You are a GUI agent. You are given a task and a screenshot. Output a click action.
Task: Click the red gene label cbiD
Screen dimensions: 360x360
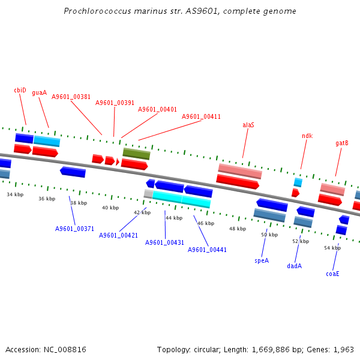[x=20, y=90]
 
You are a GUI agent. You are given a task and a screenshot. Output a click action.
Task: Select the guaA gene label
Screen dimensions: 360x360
[x=39, y=92]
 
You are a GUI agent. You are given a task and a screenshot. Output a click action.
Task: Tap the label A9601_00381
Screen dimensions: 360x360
[x=71, y=97]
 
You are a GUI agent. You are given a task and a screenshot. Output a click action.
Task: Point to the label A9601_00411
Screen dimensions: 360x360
[x=201, y=116]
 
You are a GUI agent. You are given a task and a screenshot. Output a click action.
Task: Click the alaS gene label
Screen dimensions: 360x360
[x=248, y=125]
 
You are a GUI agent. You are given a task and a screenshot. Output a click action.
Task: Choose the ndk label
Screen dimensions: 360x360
[x=307, y=136]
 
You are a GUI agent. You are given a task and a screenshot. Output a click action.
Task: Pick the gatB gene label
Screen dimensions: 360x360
[x=342, y=143]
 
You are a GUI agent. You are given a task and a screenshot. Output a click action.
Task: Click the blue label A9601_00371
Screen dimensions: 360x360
[x=74, y=229]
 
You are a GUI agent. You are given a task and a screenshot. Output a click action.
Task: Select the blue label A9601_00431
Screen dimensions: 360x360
[x=164, y=242]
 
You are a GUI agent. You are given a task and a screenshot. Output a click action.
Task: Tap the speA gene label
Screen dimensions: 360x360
[x=262, y=260]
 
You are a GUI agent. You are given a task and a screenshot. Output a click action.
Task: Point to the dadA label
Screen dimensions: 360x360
[x=294, y=266]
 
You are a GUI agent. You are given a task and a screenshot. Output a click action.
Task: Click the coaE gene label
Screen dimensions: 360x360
[x=332, y=274]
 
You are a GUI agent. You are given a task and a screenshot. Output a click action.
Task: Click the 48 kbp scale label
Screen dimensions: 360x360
[x=237, y=229]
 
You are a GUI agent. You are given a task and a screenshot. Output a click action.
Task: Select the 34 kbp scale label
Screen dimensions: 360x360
[x=15, y=194]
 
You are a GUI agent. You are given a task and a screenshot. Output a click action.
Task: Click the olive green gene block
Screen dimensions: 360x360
[x=136, y=154]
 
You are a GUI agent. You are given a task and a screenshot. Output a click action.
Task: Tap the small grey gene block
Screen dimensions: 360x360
[x=148, y=194]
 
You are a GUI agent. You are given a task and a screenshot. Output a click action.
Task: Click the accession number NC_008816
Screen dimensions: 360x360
[x=67, y=349]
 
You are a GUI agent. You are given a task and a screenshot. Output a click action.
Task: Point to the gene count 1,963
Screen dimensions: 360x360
[x=344, y=349]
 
